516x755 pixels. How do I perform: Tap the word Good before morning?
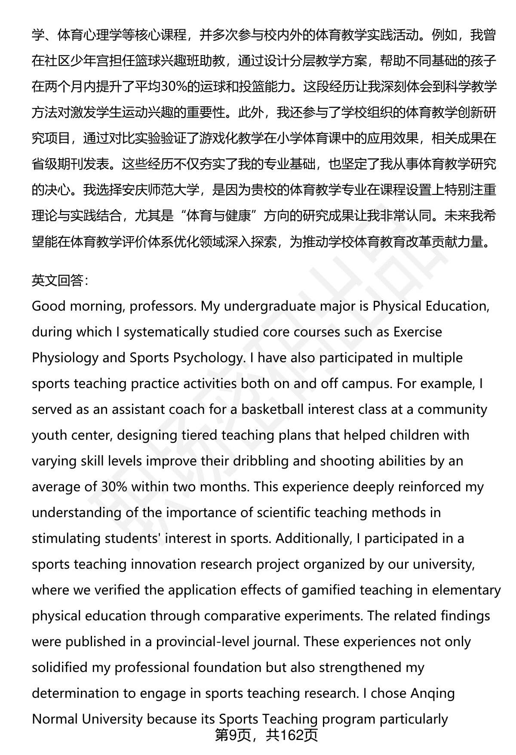point(49,306)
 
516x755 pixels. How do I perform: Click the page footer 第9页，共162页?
point(266,735)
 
